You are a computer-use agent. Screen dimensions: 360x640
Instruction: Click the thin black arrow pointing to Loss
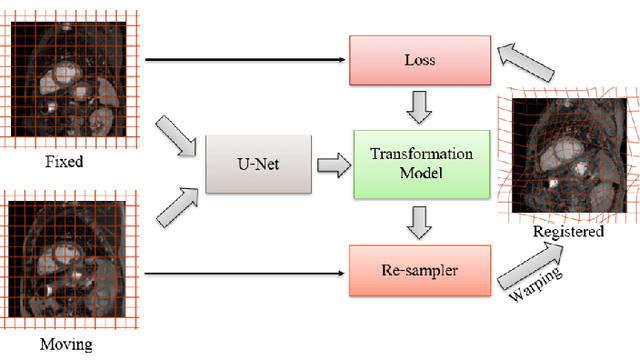pyautogui.click(x=245, y=59)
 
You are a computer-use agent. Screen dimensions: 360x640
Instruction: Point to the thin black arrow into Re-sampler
pyautogui.click(x=245, y=270)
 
